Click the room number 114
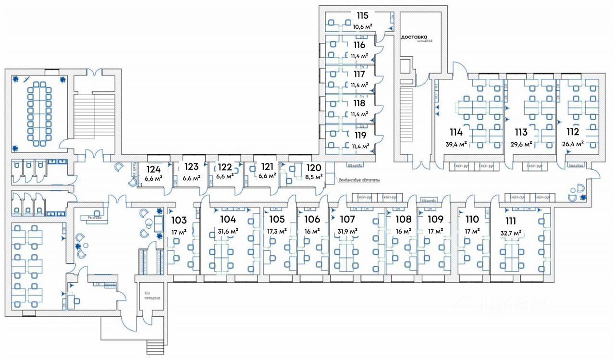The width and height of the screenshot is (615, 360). click(x=455, y=132)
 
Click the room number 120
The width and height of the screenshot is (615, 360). click(x=313, y=167)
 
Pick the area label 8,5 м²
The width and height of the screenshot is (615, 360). click(x=313, y=176)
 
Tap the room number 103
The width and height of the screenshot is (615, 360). click(x=178, y=221)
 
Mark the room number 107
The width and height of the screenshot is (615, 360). click(x=347, y=220)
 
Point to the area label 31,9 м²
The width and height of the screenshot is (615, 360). click(x=347, y=231)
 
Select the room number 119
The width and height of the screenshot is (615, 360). click(x=359, y=136)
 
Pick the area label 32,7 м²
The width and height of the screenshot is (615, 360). click(x=511, y=233)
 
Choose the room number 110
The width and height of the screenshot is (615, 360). click(x=472, y=220)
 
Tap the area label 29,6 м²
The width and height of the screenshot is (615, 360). click(x=521, y=144)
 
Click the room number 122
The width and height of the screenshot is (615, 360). click(x=225, y=167)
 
